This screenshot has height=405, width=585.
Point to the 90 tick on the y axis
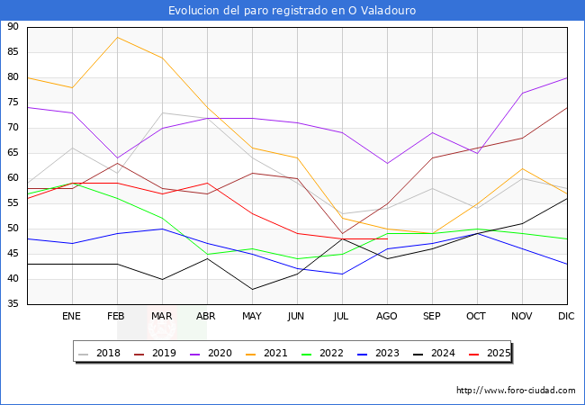point(13,27)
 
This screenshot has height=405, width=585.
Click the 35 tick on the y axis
point(13,304)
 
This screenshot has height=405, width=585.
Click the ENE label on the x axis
point(72,317)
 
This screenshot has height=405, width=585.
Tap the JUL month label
point(342,317)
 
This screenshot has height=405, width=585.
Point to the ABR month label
point(207,317)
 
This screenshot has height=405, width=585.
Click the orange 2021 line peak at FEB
point(117,37)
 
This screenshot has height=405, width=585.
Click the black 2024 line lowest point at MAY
point(252,289)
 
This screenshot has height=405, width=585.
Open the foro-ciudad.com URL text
point(516,391)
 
